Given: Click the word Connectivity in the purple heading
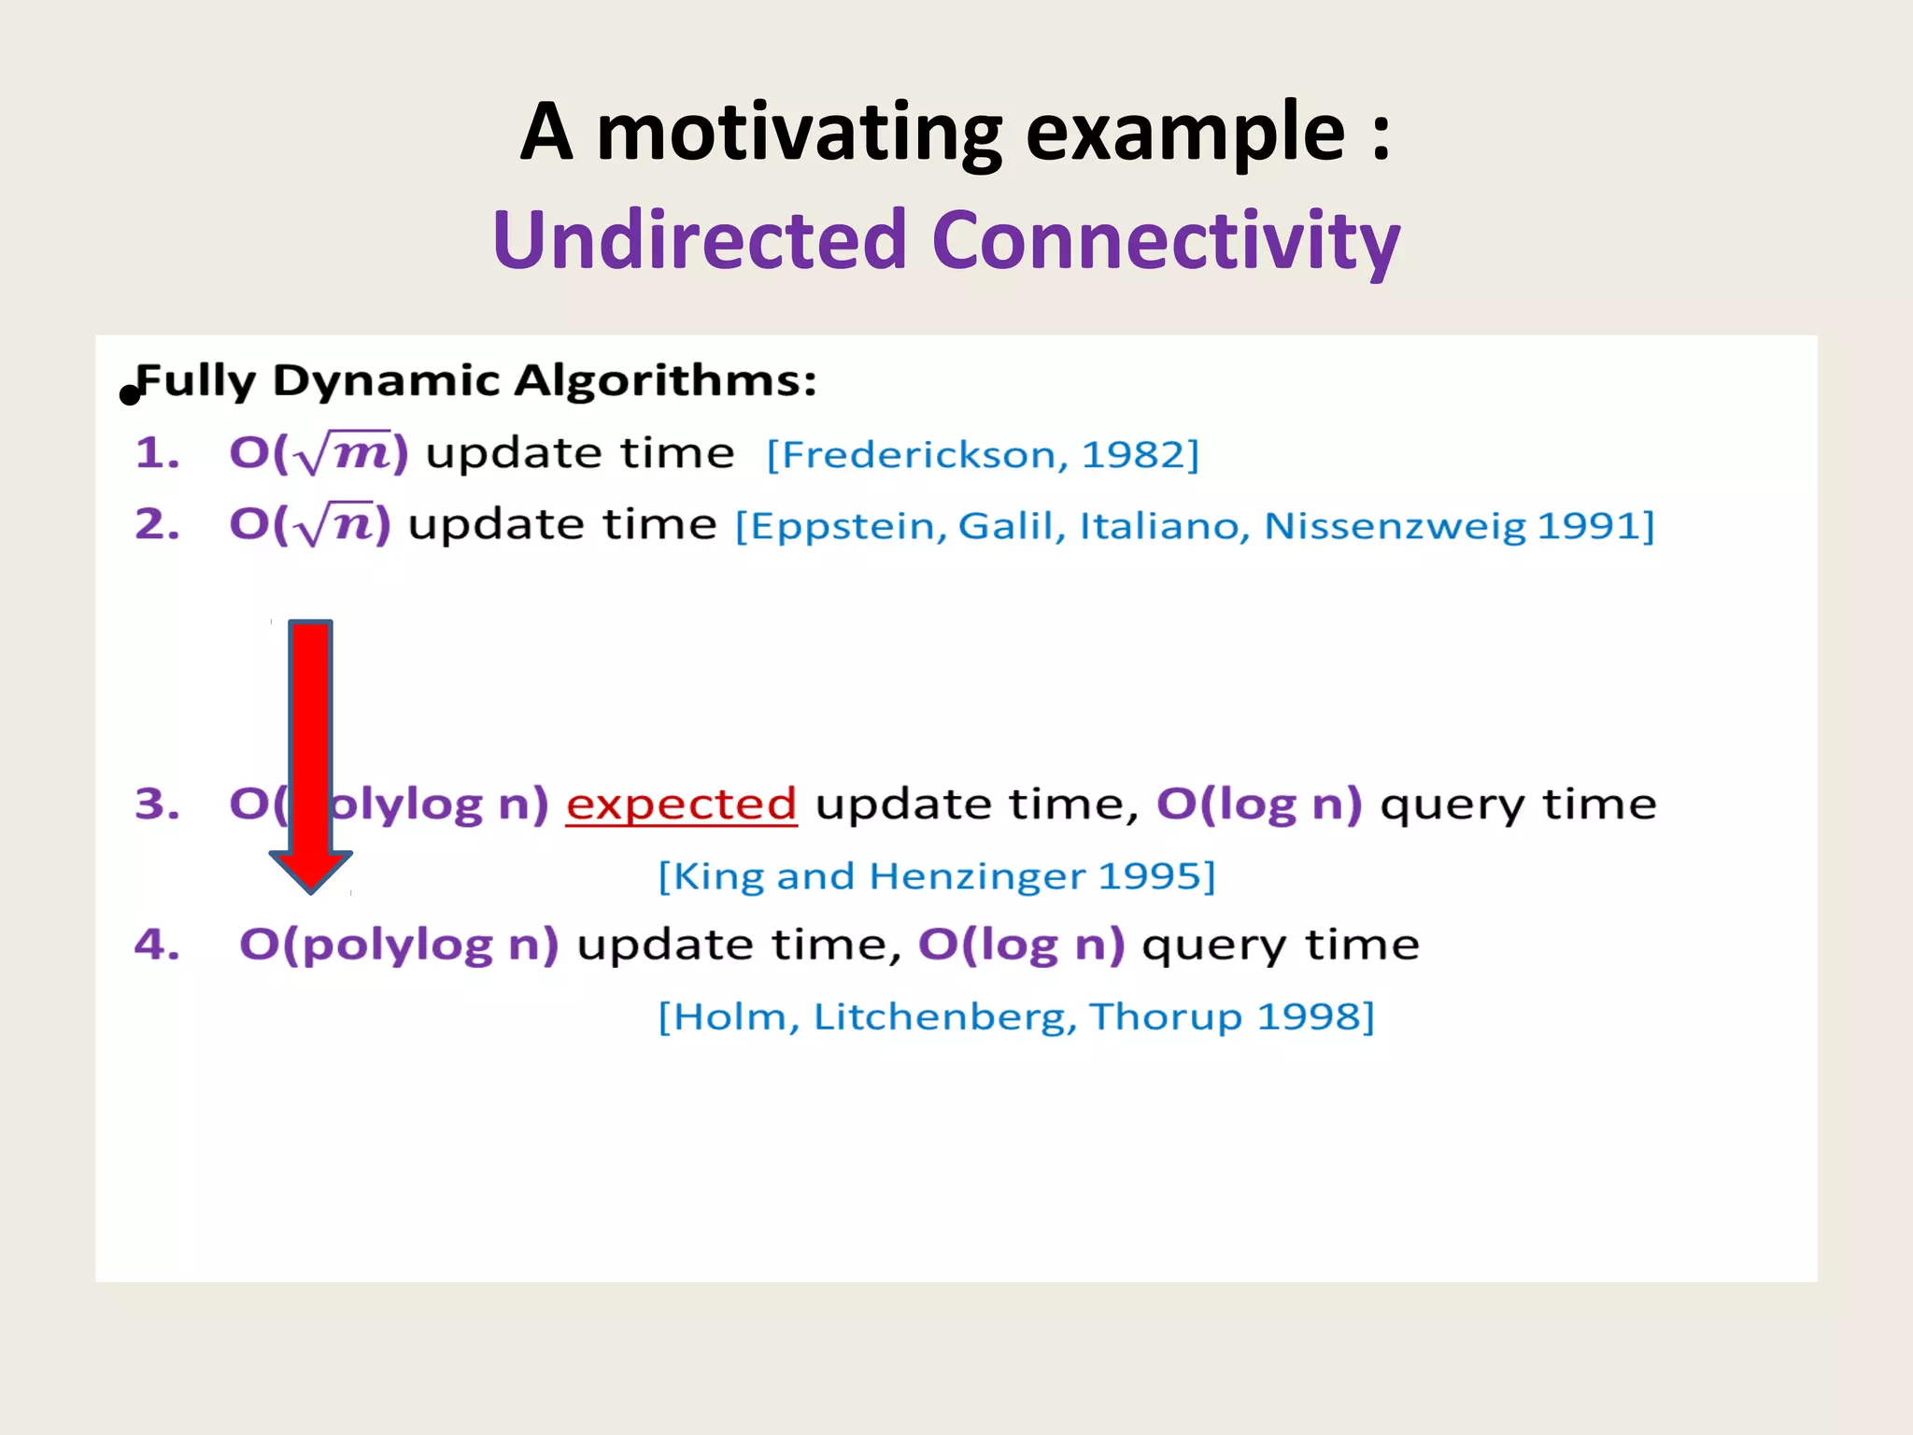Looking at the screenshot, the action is click(x=1166, y=241).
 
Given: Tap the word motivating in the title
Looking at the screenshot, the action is click(x=800, y=135).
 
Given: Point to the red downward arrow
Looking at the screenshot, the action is click(x=311, y=756).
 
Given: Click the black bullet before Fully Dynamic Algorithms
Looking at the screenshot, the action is click(x=130, y=395).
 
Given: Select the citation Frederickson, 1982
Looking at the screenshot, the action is click(x=983, y=455).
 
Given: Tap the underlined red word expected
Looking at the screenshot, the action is click(x=681, y=804).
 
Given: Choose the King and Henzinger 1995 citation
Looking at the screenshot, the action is click(x=937, y=876).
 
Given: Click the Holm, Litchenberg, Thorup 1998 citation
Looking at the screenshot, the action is click(x=1016, y=1016).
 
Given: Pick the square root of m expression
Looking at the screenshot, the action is click(x=319, y=453).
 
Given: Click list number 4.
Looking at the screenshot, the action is click(x=157, y=945).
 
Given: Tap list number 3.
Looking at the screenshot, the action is click(x=157, y=804).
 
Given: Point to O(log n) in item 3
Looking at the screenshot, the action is click(x=1259, y=804).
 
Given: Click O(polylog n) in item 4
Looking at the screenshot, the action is click(x=399, y=945).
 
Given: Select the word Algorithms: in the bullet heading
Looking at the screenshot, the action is click(x=666, y=381).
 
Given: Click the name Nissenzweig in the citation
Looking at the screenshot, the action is click(x=1396, y=527).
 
